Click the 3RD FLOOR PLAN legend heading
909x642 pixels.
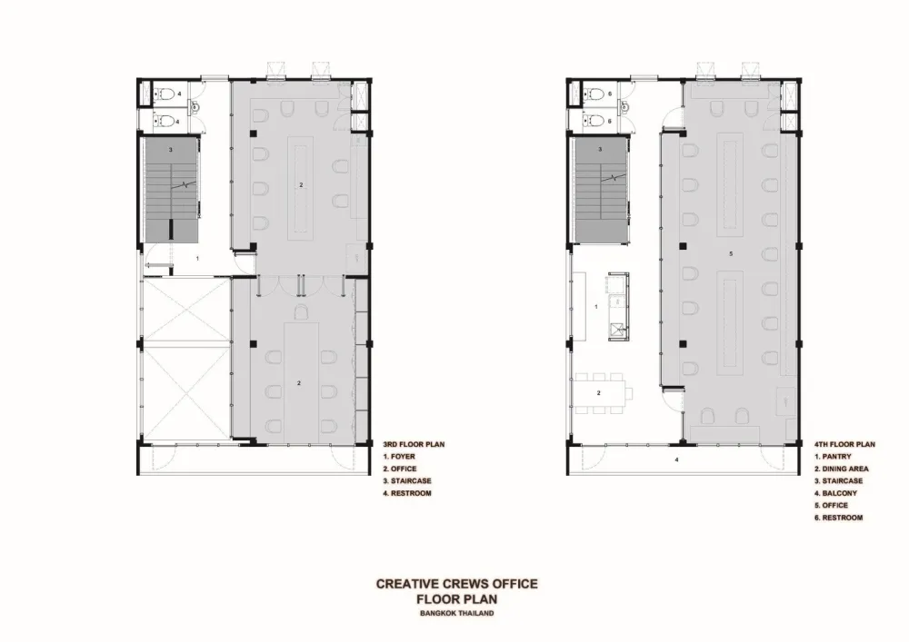[414, 445]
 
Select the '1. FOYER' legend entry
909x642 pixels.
[399, 457]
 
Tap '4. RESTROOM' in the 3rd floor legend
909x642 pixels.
[407, 493]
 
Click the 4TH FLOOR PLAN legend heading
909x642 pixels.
[844, 445]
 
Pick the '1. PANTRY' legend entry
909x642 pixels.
[833, 457]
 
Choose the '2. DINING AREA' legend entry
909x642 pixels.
[841, 469]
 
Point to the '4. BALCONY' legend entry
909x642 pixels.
[835, 493]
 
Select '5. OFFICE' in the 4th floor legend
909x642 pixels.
[831, 506]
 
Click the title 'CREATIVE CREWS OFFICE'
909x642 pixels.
[457, 584]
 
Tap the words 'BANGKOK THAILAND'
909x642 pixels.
[457, 613]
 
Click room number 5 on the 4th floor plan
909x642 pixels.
[731, 253]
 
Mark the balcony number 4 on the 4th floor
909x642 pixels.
[676, 460]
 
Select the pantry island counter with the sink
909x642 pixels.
[618, 307]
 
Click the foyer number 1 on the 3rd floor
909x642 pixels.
[197, 258]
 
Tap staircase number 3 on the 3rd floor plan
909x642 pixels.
[171, 150]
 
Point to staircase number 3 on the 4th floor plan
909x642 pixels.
[600, 149]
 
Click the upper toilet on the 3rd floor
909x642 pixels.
[164, 94]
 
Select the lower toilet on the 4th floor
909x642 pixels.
[593, 121]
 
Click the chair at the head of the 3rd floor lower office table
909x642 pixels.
[301, 312]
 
